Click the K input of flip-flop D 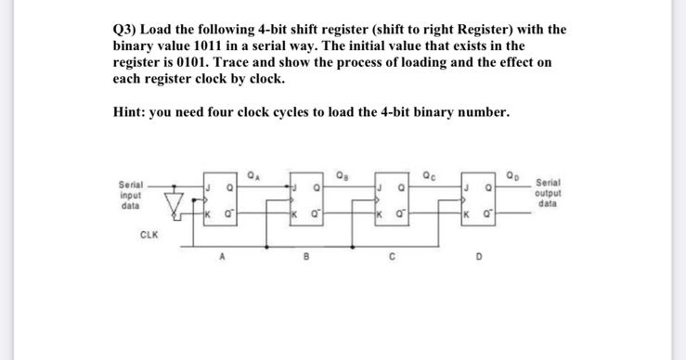click(x=466, y=219)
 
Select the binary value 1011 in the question click(x=218, y=45)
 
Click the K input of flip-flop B click(x=295, y=219)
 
